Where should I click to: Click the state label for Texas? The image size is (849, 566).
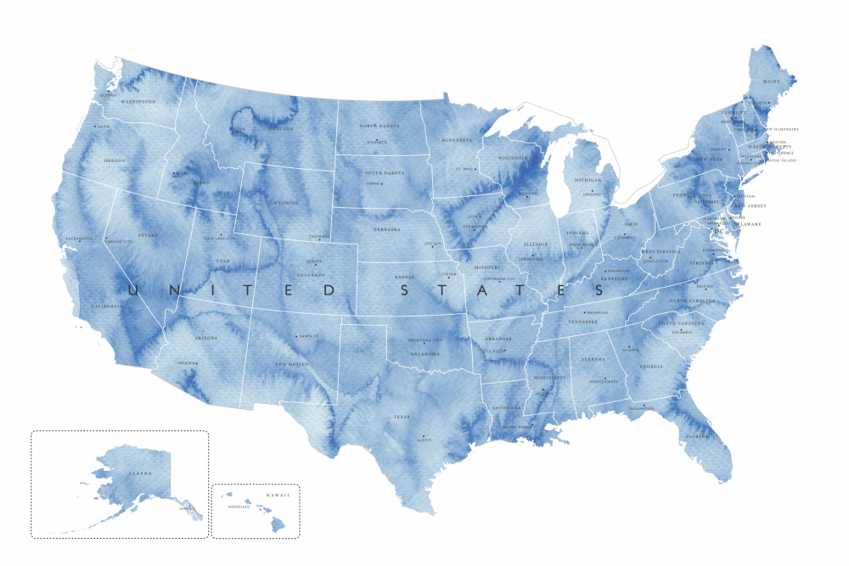point(402,417)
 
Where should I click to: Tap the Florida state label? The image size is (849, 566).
point(697,438)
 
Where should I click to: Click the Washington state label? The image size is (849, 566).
point(138,102)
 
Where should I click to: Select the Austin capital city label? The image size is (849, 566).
point(424,440)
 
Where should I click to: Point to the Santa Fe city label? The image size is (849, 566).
point(307,336)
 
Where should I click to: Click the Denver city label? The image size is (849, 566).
point(314,262)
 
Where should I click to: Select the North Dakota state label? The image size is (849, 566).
point(379,126)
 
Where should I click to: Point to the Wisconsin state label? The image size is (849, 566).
point(514,158)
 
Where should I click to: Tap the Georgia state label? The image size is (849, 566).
point(651,367)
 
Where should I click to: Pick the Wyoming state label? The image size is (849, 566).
point(285,204)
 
